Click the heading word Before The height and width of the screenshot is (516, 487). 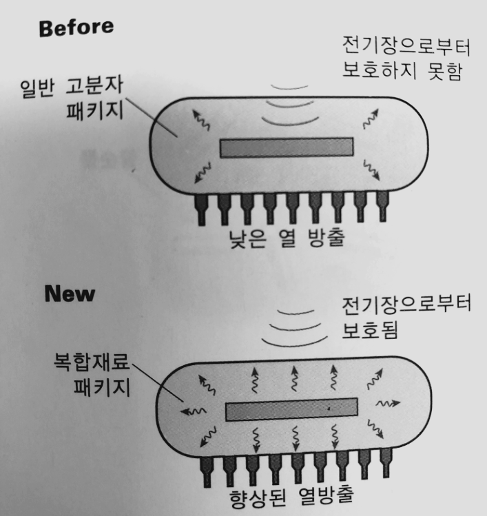pyautogui.click(x=76, y=28)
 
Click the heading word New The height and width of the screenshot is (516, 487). pyautogui.click(x=70, y=293)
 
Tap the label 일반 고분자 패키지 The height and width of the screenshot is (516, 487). pyautogui.click(x=72, y=98)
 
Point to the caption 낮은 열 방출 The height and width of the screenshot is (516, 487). pyautogui.click(x=287, y=238)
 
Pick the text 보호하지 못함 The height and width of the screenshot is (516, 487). pyautogui.click(x=402, y=70)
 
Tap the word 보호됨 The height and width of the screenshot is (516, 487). pyautogui.click(x=370, y=330)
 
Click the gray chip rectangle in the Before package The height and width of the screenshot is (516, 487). pyautogui.click(x=287, y=147)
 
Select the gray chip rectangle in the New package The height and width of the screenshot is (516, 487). pyautogui.click(x=291, y=409)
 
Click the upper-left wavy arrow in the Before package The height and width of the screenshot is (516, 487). pyautogui.click(x=201, y=120)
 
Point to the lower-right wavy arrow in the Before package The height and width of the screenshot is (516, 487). pyautogui.click(x=371, y=169)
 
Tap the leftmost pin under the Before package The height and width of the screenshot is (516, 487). pyautogui.click(x=201, y=210)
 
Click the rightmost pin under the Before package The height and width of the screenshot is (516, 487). pyautogui.click(x=382, y=206)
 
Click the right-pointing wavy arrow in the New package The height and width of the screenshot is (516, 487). pyautogui.click(x=388, y=403)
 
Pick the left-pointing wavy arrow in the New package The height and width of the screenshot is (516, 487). pyautogui.click(x=193, y=411)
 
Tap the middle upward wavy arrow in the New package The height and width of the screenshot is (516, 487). pyautogui.click(x=295, y=378)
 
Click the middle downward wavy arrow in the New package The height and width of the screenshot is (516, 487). pyautogui.click(x=296, y=438)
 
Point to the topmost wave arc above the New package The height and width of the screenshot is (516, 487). pyautogui.click(x=296, y=312)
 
